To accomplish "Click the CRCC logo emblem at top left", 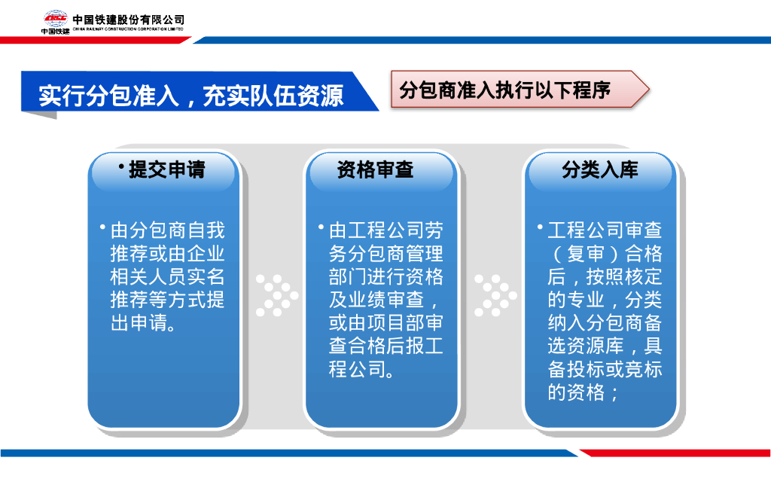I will (x=55, y=20).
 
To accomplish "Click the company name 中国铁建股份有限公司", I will (x=129, y=19).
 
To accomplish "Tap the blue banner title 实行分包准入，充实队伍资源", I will (x=191, y=95).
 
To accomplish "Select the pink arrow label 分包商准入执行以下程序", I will (x=504, y=90).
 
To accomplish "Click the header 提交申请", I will (x=166, y=169).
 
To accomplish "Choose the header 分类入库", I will (x=599, y=169).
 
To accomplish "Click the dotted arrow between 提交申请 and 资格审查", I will (x=276, y=294).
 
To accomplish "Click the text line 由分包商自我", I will (x=167, y=230).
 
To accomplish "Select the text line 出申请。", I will (x=144, y=323).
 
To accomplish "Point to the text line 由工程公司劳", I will (x=385, y=230).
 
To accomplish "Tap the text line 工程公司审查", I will (x=605, y=230).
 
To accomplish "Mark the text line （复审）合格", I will (x=605, y=253).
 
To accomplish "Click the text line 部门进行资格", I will (x=385, y=276).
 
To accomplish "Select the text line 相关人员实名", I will (x=167, y=276).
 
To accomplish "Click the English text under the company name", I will (x=129, y=29).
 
